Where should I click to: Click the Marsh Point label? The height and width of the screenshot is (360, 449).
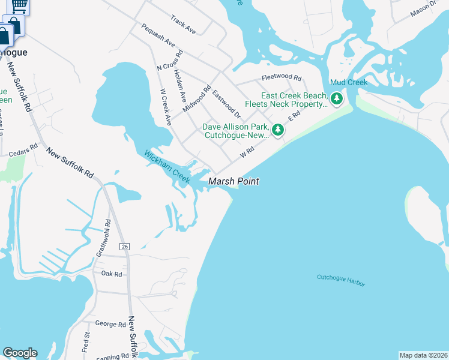click(234, 181)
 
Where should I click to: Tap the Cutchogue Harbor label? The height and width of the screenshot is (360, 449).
click(341, 280)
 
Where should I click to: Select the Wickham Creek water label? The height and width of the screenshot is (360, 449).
click(167, 167)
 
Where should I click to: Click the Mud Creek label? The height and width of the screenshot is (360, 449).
click(348, 82)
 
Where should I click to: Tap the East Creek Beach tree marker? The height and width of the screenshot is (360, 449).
click(337, 98)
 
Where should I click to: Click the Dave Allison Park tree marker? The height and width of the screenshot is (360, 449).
click(277, 130)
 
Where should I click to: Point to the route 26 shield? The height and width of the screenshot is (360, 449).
click(125, 247)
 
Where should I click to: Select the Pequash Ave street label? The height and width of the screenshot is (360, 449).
click(158, 35)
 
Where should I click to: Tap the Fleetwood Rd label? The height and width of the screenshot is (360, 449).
click(281, 77)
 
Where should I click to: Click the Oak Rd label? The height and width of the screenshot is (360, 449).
click(112, 274)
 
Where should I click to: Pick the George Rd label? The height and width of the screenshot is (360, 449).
click(110, 324)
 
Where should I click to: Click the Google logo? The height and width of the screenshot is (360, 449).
click(20, 353)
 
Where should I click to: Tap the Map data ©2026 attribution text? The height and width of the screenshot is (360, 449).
click(423, 355)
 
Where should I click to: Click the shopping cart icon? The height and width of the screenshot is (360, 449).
click(19, 5)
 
